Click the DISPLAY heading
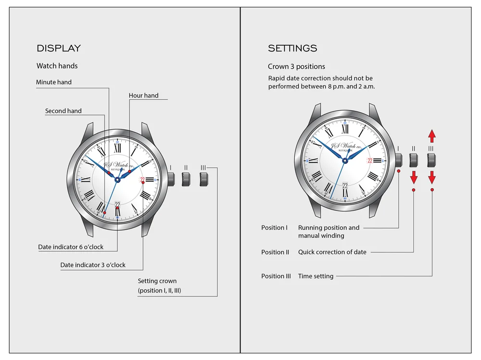pyautogui.click(x=59, y=48)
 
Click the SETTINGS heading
pyautogui.click(x=292, y=48)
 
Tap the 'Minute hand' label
pyautogui.click(x=54, y=82)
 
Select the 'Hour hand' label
pyautogui.click(x=143, y=96)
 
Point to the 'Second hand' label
pyautogui.click(x=63, y=111)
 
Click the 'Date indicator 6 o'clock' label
pyautogui.click(x=77, y=248)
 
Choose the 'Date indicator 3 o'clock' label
pyautogui.click(x=93, y=265)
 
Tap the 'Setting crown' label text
pyautogui.click(x=157, y=281)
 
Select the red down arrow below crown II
pyautogui.click(x=414, y=176)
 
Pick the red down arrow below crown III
pyautogui.click(x=431, y=176)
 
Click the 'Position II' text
pyautogui.click(x=275, y=252)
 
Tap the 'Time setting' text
pyautogui.click(x=316, y=276)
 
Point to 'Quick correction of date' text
pyautogui.click(x=332, y=252)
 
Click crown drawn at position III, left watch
pyautogui.click(x=204, y=179)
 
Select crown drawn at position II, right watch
pyautogui.click(x=413, y=160)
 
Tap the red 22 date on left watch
pyautogui.click(x=142, y=180)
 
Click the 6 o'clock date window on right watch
pyautogui.click(x=345, y=186)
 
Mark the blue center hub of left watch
pyautogui.click(x=117, y=180)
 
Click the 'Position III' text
pyautogui.click(x=276, y=276)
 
